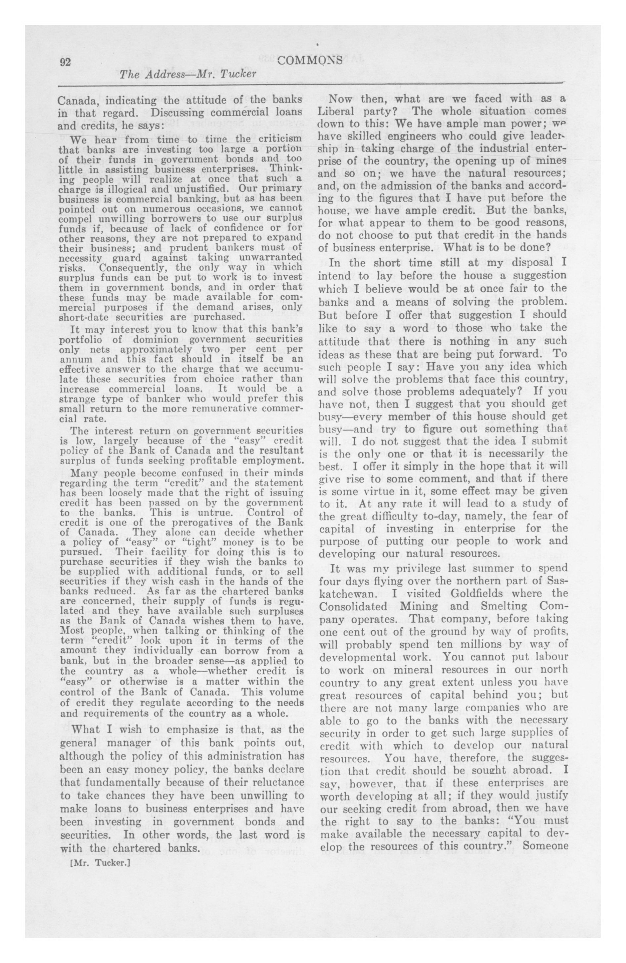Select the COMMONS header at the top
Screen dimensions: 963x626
click(310, 61)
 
